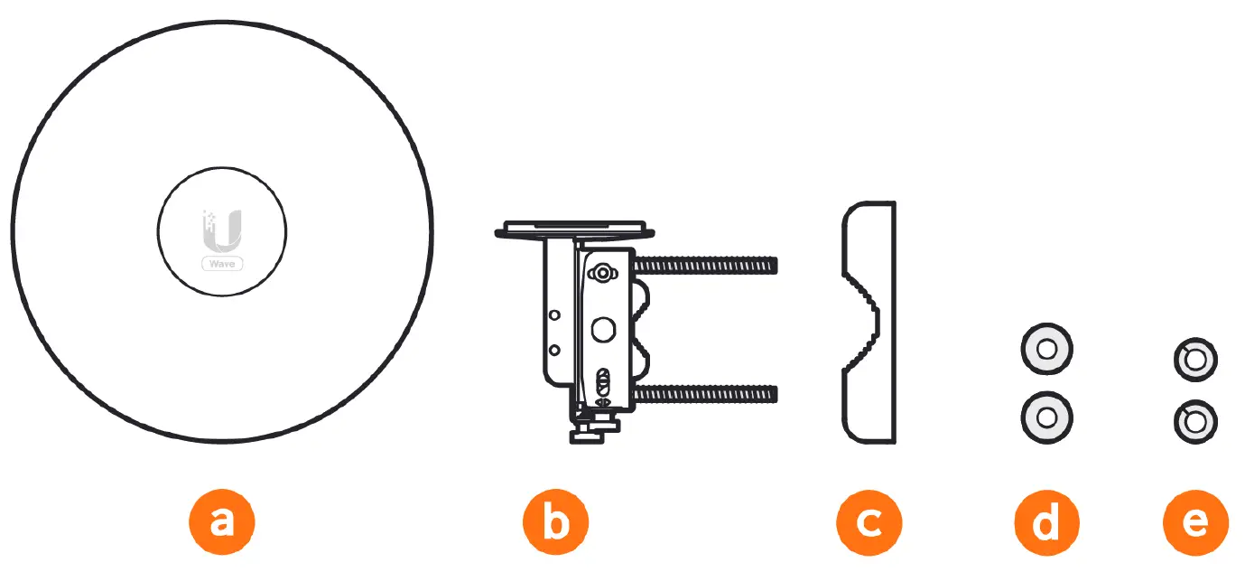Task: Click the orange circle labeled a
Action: tap(222, 522)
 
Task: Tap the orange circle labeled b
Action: tap(555, 522)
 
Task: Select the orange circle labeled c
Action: tap(869, 522)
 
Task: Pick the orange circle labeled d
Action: tap(1046, 522)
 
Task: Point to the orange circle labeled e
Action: tap(1195, 522)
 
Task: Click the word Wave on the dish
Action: tap(222, 264)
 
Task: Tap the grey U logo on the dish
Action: tap(222, 231)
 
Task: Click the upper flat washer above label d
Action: tap(1046, 350)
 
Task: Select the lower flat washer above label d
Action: tap(1046, 417)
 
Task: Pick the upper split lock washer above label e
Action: tap(1195, 360)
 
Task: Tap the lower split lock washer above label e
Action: tap(1195, 422)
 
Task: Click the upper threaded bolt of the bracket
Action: tap(705, 266)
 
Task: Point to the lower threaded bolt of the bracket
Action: tap(705, 395)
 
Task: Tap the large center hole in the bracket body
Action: tap(603, 330)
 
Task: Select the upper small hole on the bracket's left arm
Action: tap(554, 315)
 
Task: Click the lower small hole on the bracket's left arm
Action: tap(554, 350)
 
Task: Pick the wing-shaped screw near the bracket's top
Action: tap(602, 273)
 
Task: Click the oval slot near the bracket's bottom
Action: tap(602, 382)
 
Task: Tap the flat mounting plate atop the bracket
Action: tap(575, 230)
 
